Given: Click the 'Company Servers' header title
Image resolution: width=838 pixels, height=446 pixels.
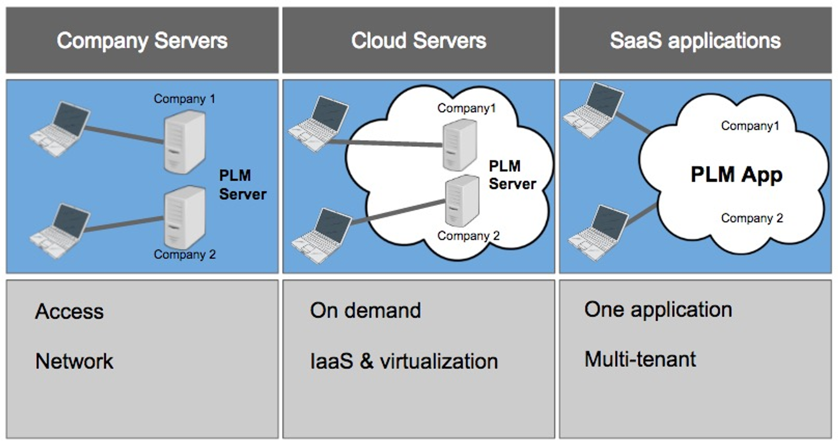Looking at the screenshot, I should [142, 41].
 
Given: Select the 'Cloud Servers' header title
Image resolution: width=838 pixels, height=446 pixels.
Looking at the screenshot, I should [418, 41].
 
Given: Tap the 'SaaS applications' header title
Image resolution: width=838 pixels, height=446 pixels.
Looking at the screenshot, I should [695, 41].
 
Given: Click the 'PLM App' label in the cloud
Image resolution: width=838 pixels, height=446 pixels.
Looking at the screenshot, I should [736, 175].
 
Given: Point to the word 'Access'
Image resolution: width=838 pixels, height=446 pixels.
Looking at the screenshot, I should [70, 311].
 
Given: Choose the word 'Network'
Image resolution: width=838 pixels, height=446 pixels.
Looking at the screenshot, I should [74, 361].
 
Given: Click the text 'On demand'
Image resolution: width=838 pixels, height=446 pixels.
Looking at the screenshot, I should [366, 310].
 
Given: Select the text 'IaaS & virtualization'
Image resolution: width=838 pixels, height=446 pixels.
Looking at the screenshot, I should [404, 361].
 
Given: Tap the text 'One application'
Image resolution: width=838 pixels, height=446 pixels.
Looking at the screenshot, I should [658, 309].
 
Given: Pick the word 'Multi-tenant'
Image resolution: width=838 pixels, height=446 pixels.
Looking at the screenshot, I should [640, 359].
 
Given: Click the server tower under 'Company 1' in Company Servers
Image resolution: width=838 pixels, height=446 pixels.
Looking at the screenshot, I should [184, 143].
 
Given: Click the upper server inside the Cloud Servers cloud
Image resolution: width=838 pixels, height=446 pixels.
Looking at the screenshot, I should [459, 145].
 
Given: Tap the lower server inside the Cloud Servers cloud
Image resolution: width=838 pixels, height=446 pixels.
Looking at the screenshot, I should [461, 201].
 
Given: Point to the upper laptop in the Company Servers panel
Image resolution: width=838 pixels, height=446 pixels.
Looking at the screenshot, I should [60, 129].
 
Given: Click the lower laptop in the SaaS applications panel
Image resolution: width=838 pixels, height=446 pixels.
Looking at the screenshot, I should [599, 233].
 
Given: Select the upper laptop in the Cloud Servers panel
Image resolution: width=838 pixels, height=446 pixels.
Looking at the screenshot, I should [318, 124].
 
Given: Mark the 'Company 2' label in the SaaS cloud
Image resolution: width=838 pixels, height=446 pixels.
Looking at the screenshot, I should [752, 218].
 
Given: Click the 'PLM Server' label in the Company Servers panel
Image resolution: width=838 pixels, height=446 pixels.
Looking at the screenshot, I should [242, 184].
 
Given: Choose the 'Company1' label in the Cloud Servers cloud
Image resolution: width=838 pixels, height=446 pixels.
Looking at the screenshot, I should [466, 108].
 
